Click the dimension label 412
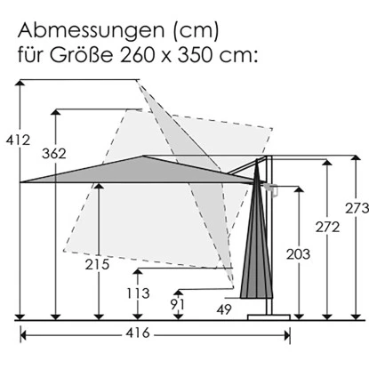[x=18, y=140]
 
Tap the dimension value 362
[x=54, y=154]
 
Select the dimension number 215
[x=98, y=264]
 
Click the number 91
[x=178, y=303]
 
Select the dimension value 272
[x=329, y=229]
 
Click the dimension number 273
[x=357, y=209]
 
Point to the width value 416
[x=156, y=334]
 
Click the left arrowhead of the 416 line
[x=24, y=334]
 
